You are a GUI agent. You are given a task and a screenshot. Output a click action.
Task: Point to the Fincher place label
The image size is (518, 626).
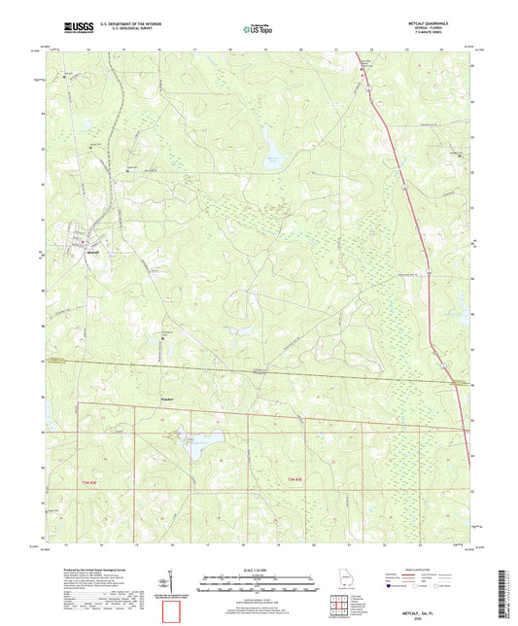coord(168,398)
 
